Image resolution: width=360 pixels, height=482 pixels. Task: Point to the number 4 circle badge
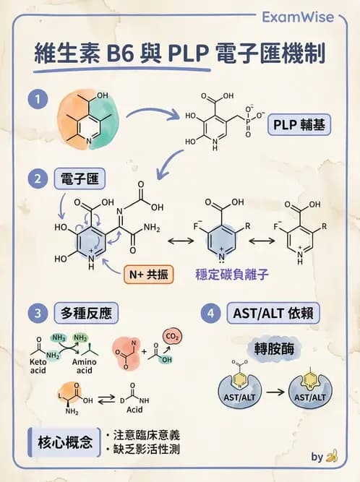pyautogui.click(x=210, y=313)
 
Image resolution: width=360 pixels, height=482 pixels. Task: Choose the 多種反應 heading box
pyautogui.click(x=86, y=313)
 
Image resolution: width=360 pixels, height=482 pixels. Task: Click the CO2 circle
pyautogui.click(x=172, y=336)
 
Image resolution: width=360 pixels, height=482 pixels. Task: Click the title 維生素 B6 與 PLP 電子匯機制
pyautogui.click(x=180, y=55)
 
